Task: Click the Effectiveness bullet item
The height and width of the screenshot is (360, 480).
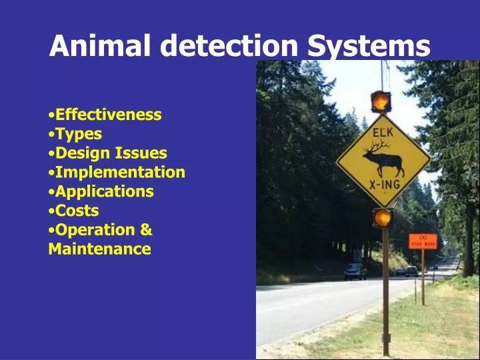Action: coord(108,115)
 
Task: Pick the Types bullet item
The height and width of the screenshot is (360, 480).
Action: coord(78,134)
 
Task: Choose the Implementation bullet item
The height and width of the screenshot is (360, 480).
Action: coord(120,173)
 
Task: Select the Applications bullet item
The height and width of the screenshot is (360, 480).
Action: coord(104,192)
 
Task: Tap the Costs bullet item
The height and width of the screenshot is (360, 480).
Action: coord(77,211)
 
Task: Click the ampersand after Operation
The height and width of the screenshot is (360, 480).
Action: coord(147,231)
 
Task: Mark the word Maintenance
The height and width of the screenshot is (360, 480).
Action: coord(100,249)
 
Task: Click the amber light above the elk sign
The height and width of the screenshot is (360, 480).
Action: coord(381,101)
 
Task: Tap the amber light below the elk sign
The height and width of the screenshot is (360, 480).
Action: coord(383,217)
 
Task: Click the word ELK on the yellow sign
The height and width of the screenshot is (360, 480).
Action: coord(383,133)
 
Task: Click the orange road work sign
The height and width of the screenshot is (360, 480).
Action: coord(423,241)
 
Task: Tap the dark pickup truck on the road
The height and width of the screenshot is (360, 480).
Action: coord(355,271)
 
